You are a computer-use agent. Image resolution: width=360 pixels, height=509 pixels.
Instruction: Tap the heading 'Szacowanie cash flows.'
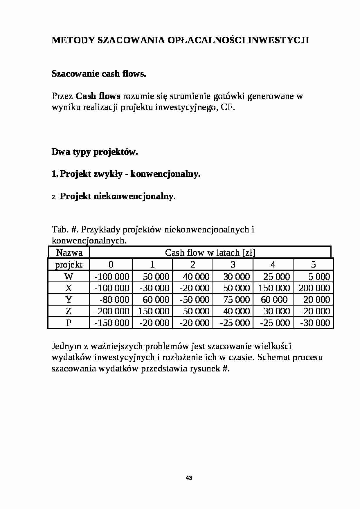point(99,74)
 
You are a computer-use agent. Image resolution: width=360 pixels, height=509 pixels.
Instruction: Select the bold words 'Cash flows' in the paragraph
point(98,96)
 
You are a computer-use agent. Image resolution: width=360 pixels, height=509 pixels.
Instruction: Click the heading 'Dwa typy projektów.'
point(95,152)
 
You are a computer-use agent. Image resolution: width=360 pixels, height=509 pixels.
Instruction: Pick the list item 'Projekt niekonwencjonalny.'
point(118,196)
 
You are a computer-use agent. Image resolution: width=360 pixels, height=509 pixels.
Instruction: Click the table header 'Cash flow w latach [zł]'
point(210,252)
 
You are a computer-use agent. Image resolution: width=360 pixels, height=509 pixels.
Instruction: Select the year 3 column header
point(233,264)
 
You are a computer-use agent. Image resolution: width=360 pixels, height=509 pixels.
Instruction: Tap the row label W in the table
point(69,276)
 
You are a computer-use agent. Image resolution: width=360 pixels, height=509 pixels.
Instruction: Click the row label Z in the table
point(69,311)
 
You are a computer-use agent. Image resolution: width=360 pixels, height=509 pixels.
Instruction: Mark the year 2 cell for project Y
point(195,299)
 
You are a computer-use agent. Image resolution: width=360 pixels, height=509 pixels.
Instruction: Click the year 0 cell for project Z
point(112,311)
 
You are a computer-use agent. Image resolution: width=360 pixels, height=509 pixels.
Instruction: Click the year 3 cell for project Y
point(236,299)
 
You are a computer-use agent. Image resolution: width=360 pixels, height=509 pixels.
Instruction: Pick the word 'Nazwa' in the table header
point(69,252)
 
